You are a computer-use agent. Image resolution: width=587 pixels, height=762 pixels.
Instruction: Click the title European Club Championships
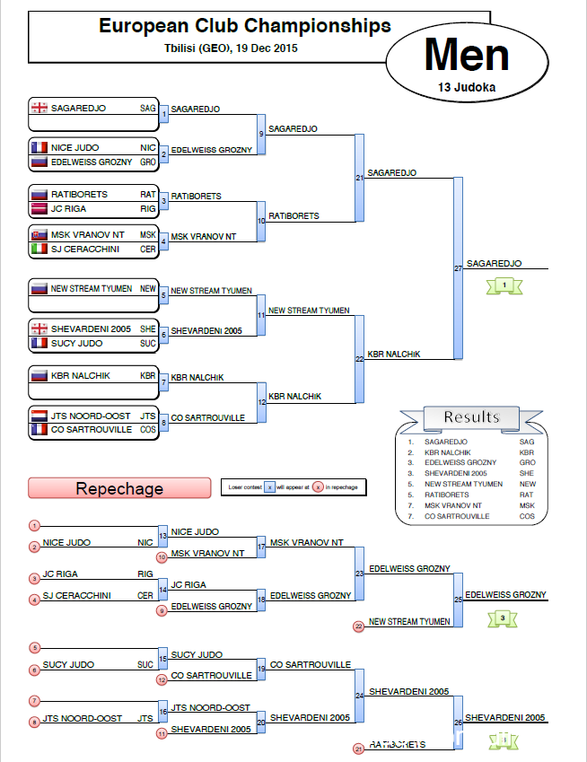pos(244,26)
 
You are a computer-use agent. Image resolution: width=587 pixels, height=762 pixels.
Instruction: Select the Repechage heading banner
pos(119,488)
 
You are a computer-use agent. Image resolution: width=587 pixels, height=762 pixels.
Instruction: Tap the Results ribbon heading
pos(471,417)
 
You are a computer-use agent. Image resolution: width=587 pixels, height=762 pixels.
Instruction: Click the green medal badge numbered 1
pos(504,285)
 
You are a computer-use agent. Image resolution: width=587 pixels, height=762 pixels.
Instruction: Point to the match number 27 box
pos(458,267)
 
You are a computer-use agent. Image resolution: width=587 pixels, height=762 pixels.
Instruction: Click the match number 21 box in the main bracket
pos(359,178)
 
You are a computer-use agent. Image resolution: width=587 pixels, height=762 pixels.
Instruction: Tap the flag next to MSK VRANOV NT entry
pos(39,235)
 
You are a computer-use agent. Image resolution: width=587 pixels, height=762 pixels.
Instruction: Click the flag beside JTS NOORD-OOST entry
pos(39,416)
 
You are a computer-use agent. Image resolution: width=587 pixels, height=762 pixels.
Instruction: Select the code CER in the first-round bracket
pos(147,249)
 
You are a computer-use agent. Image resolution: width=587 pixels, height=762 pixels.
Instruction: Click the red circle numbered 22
pos(359,626)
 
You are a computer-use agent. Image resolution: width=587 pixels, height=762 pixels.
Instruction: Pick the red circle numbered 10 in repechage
pos(162,557)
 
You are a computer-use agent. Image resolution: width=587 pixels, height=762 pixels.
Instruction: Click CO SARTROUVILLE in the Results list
pos(456,516)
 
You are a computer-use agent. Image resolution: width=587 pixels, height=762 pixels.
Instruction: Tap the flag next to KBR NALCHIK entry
pos(39,375)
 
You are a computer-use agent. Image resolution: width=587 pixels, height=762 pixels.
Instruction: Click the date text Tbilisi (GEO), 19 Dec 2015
pos(232,48)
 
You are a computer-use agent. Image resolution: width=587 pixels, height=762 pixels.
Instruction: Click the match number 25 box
pos(458,599)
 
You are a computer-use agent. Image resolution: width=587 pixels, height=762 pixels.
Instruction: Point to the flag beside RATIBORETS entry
pos(39,194)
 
